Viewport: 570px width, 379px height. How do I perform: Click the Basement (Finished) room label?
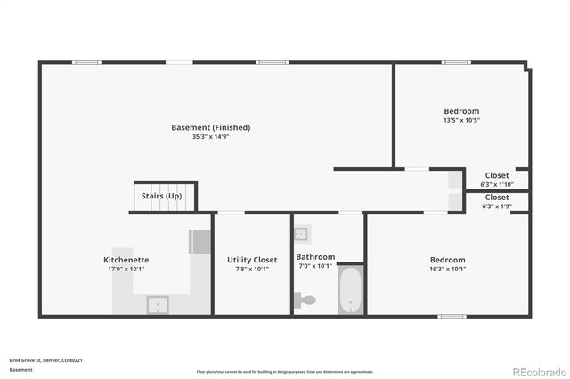click(x=210, y=127)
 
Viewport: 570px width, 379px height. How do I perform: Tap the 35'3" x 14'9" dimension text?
click(x=210, y=137)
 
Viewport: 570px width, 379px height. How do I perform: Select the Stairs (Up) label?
click(x=162, y=196)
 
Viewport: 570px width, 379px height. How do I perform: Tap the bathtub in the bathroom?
click(x=350, y=290)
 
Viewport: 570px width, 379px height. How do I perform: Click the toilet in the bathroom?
click(x=305, y=301)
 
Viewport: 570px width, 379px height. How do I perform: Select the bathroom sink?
click(x=301, y=234)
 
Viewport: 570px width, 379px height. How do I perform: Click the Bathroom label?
click(x=315, y=256)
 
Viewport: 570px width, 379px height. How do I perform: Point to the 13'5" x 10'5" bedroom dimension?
click(x=461, y=120)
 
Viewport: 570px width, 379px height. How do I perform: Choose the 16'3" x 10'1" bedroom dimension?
click(x=448, y=269)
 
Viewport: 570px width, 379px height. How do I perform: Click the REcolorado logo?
click(x=539, y=371)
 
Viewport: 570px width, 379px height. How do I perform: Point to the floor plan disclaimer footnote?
click(x=285, y=372)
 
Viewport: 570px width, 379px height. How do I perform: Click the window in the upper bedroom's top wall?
click(x=456, y=62)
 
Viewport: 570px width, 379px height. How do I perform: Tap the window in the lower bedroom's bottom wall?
click(x=451, y=316)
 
